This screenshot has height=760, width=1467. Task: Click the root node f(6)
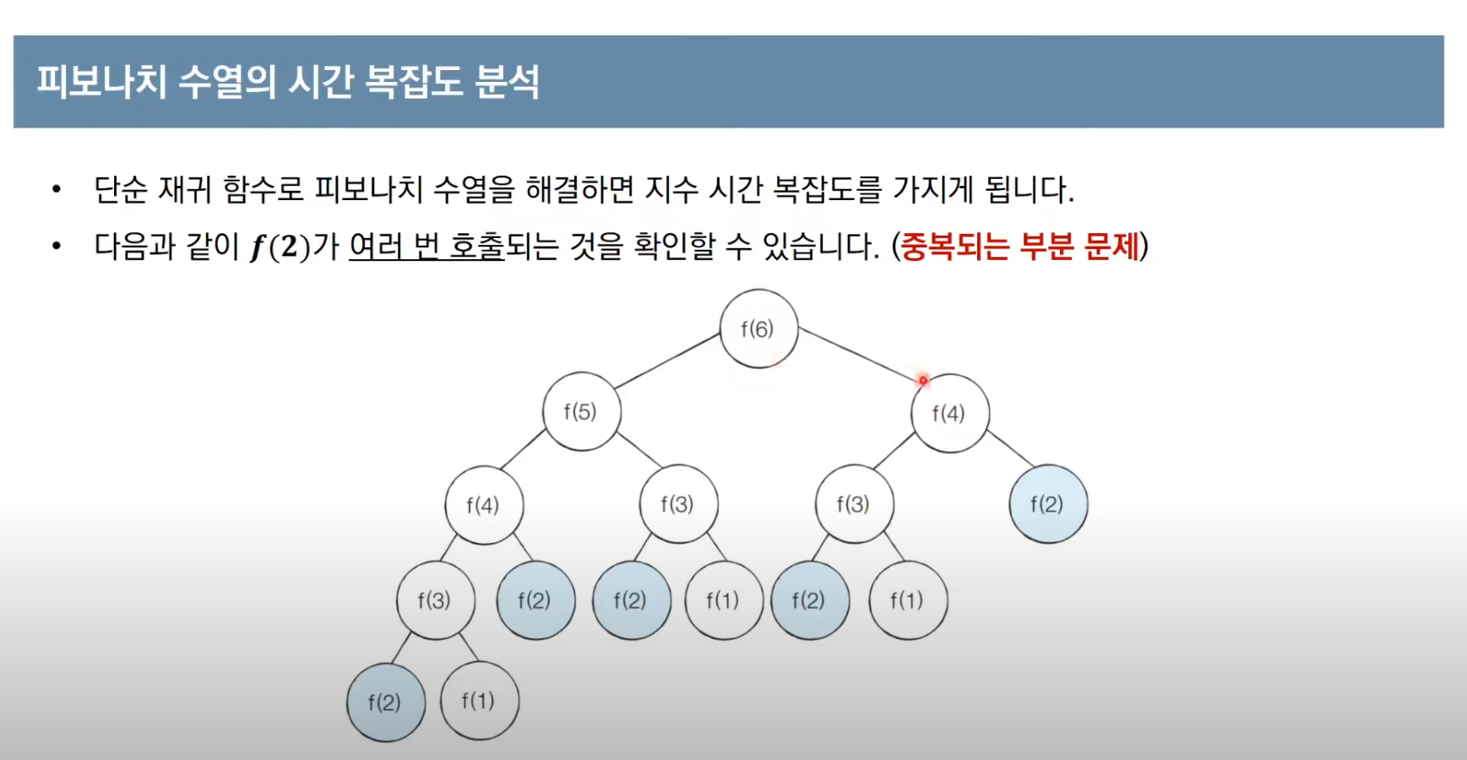[x=758, y=329]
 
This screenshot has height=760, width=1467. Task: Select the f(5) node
[x=581, y=412]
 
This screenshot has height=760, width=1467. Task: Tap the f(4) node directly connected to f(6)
[x=949, y=413]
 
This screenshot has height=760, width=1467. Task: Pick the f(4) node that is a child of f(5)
[x=483, y=505]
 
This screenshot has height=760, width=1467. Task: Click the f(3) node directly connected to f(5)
[x=678, y=504]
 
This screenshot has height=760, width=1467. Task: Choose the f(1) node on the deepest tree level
[x=479, y=701]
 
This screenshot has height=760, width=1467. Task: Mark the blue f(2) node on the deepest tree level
[x=385, y=703]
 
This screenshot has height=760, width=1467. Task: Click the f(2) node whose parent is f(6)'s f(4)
[x=1047, y=504]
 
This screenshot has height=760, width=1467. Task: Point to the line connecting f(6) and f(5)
[x=667, y=361]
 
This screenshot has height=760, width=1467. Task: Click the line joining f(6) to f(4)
[x=857, y=354]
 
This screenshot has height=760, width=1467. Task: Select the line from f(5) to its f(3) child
[x=639, y=449]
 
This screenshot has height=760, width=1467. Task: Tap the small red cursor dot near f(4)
[x=923, y=381]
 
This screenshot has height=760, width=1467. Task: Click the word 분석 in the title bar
[x=507, y=82]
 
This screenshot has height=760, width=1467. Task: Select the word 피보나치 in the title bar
[x=101, y=82]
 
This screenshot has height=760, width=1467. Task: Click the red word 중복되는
[x=954, y=247]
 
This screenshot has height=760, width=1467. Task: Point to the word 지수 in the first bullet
[x=671, y=189]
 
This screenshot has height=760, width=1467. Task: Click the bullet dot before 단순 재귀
[x=57, y=189]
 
